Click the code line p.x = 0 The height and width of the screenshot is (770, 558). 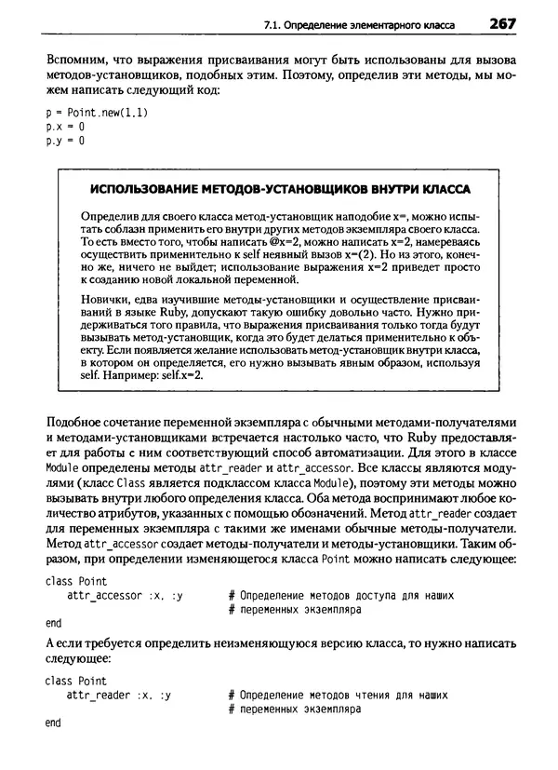click(64, 127)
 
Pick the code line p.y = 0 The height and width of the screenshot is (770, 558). click(64, 142)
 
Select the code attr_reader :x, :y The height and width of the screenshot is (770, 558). click(118, 695)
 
